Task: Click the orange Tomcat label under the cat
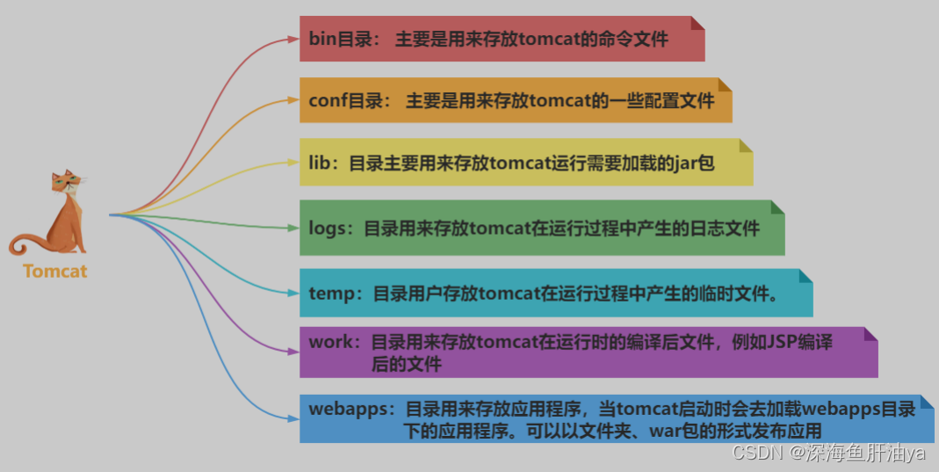[x=55, y=271]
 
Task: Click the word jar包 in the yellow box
[x=694, y=163]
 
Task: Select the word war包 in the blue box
[x=667, y=431]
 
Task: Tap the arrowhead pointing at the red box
[x=293, y=39]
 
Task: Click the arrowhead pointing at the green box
[x=293, y=228]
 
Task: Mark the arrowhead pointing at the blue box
[x=293, y=419]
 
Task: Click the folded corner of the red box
[x=697, y=23]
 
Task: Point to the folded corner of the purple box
[x=870, y=334]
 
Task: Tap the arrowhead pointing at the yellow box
[x=293, y=162]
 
